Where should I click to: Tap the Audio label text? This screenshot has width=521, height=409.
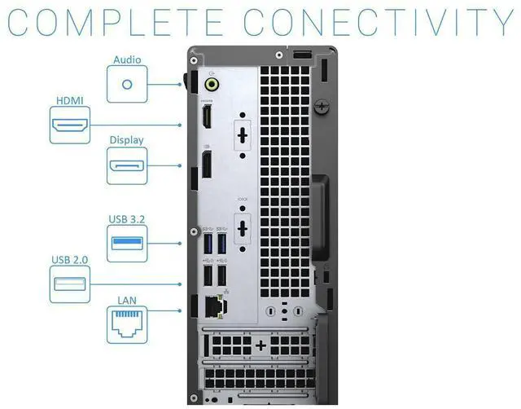point(126,59)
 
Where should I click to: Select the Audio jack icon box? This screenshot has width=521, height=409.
point(126,83)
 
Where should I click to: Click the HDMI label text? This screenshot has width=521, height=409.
point(68,101)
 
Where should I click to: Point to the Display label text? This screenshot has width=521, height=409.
point(127,140)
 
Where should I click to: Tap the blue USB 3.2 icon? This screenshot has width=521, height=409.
point(128,243)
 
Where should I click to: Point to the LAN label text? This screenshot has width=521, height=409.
point(127,301)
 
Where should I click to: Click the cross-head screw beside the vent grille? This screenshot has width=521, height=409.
point(324,105)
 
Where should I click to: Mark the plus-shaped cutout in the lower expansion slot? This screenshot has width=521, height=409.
point(260,345)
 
